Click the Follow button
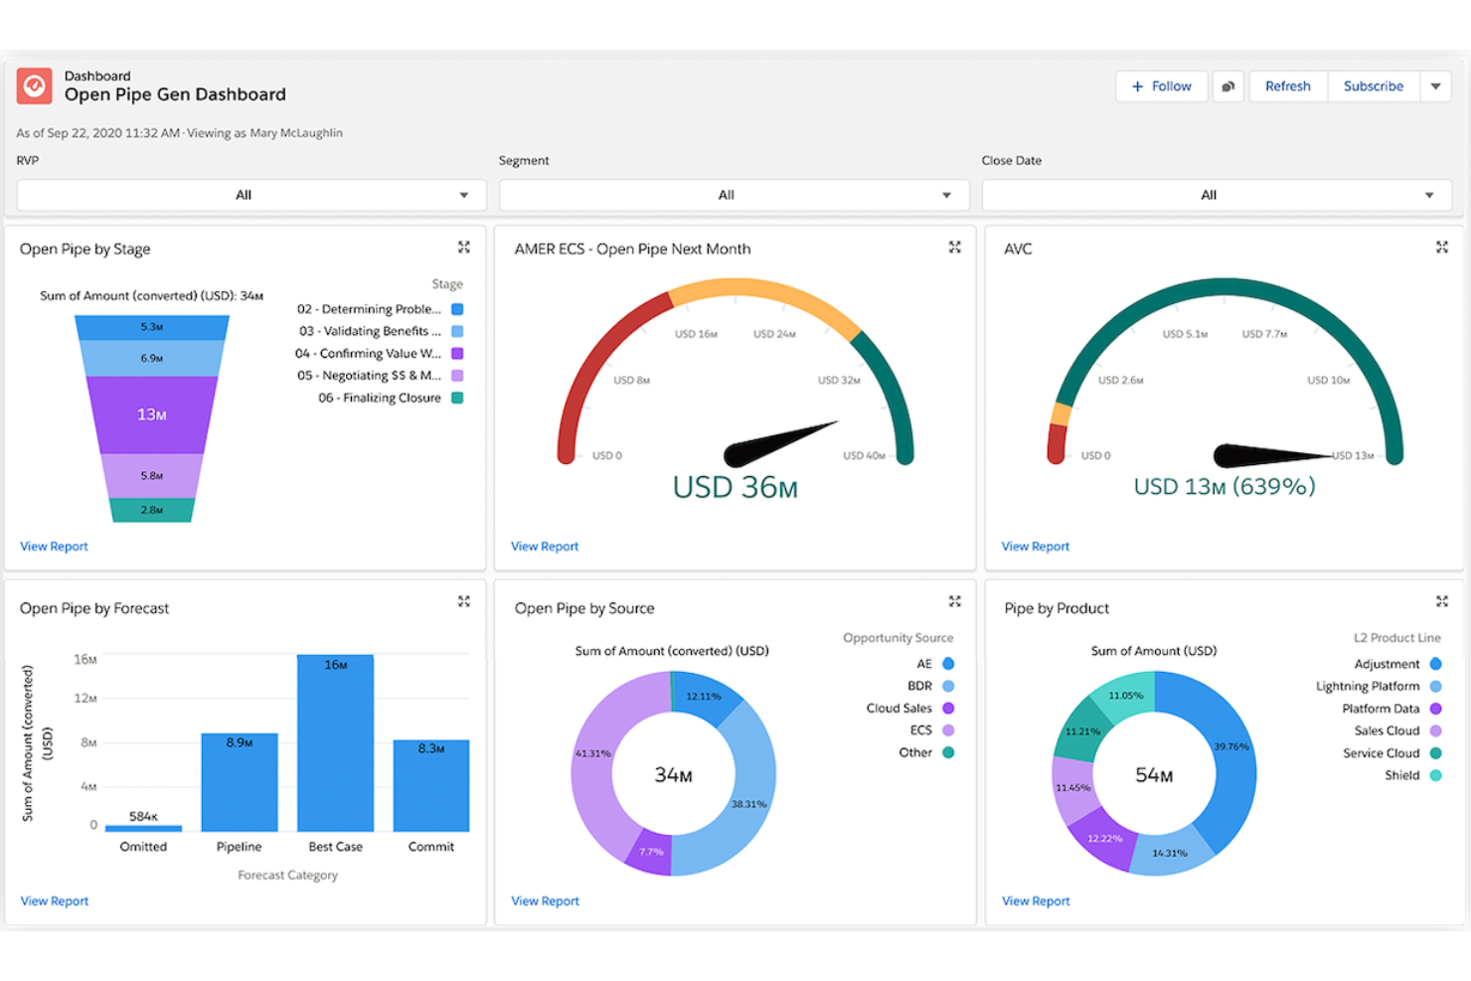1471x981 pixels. (x=1161, y=86)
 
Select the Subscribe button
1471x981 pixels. (x=1373, y=86)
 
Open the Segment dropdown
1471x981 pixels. (x=726, y=195)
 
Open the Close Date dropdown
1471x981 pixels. (x=1208, y=195)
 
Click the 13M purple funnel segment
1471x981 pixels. (x=151, y=414)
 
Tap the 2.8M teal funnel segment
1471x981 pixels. (x=151, y=510)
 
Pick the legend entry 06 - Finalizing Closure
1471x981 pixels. (x=380, y=398)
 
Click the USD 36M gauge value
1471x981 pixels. (x=735, y=487)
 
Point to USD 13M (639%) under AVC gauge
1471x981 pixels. (x=1224, y=486)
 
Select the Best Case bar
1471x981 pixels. (x=335, y=745)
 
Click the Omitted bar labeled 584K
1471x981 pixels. (x=143, y=827)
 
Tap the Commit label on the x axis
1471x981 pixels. (x=430, y=847)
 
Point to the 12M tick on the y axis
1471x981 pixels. (x=85, y=698)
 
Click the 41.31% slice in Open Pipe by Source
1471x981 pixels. (x=593, y=752)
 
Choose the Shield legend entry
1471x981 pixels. (x=1402, y=775)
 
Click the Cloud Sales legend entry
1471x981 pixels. (x=899, y=709)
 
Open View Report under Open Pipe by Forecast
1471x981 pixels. (x=55, y=900)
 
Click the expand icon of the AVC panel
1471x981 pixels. (x=1441, y=247)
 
